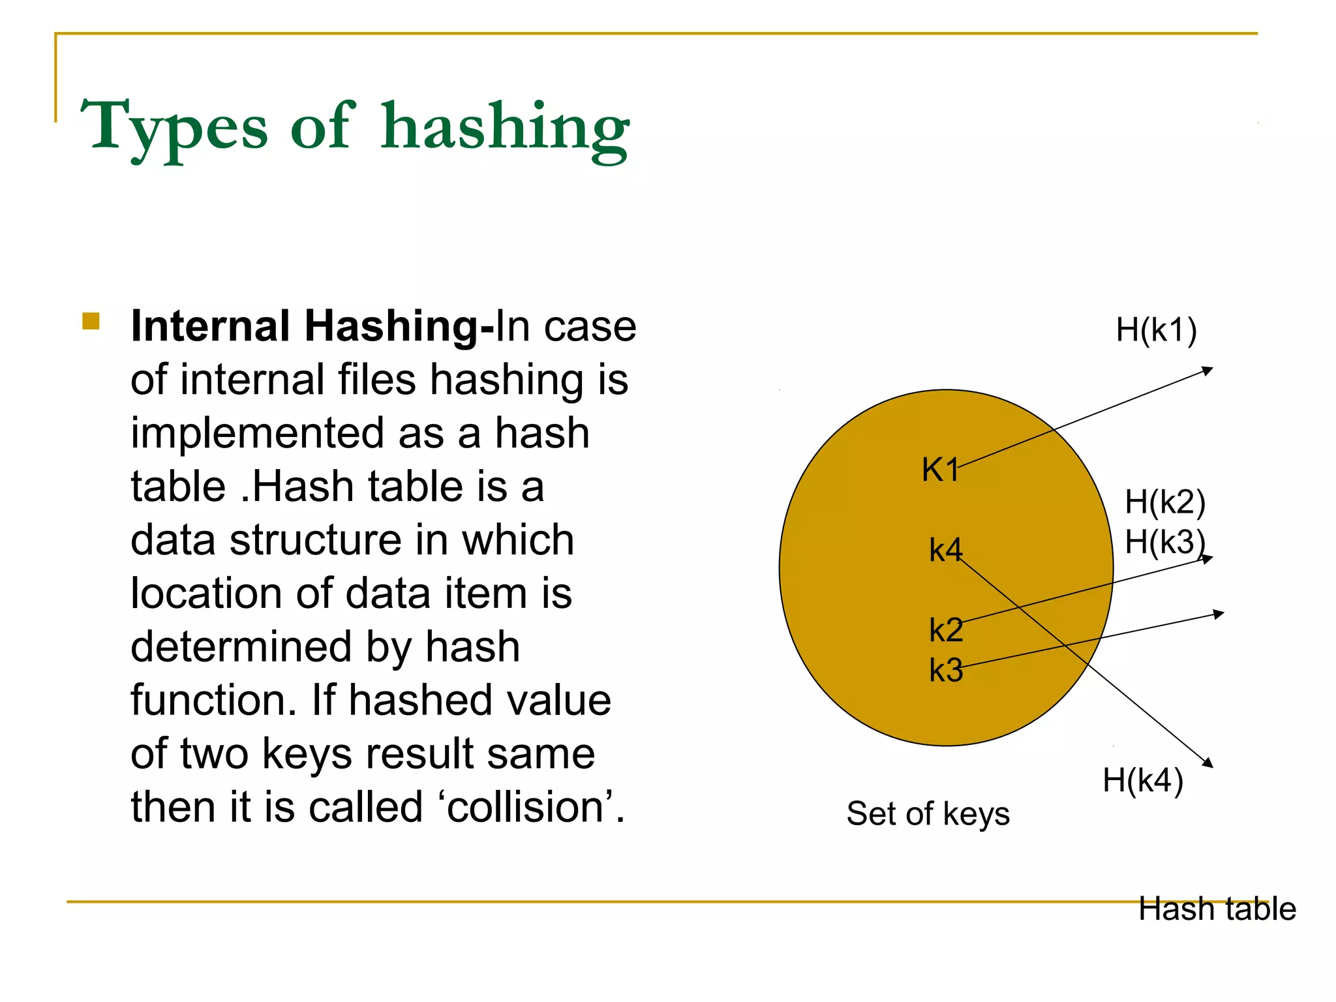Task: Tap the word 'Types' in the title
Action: (174, 128)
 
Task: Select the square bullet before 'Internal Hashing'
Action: (91, 322)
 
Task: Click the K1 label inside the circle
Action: (940, 470)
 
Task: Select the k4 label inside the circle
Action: (945, 550)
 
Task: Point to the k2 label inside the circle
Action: (946, 630)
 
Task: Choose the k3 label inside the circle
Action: (946, 670)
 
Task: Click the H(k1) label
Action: (1156, 330)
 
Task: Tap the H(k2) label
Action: (1165, 502)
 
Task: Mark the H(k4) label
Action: (1143, 780)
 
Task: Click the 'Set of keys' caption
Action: (928, 813)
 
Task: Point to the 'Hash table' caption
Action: (1217, 909)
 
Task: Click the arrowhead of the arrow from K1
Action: (1208, 371)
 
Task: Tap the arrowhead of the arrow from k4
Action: (1208, 763)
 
